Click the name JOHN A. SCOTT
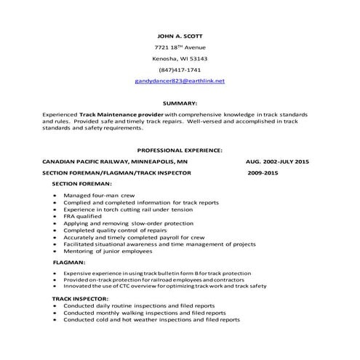pos(180,36)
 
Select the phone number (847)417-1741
pos(180,69)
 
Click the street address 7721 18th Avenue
pos(180,47)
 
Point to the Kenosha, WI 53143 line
pos(180,58)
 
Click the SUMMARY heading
pos(180,103)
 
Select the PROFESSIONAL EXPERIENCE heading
pos(180,150)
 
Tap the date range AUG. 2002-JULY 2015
pos(278,161)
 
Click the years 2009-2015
pos(263,174)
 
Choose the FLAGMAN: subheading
pos(69,261)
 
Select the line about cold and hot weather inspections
pos(151,320)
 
